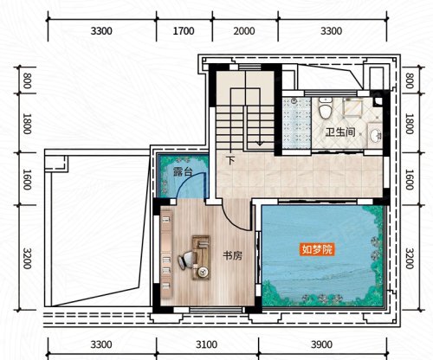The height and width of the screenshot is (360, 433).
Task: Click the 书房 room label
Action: click(x=232, y=255)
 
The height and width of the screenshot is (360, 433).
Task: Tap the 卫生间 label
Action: click(x=340, y=132)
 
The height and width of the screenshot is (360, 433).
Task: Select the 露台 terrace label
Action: click(x=183, y=171)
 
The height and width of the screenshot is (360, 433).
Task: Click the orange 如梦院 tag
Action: click(x=317, y=249)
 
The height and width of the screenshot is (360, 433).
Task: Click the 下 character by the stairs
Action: click(x=230, y=160)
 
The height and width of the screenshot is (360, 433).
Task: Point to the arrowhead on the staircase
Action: click(x=260, y=143)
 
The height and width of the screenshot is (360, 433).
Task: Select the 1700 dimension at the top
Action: click(x=184, y=31)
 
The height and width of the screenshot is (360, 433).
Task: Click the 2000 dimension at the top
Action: click(x=244, y=31)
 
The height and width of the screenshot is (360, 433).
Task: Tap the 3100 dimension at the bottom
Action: click(x=207, y=344)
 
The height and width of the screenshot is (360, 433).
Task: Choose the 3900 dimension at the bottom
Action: click(x=322, y=344)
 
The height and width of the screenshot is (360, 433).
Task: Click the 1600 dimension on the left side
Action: click(x=27, y=179)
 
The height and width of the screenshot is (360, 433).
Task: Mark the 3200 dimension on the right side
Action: click(x=409, y=258)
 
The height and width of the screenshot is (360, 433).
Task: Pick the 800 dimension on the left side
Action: click(x=27, y=80)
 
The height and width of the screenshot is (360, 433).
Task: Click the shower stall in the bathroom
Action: click(x=297, y=123)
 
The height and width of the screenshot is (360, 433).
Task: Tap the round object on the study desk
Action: click(x=203, y=272)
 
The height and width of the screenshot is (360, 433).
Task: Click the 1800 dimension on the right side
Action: click(x=409, y=124)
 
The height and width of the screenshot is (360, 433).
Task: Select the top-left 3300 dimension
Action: click(x=101, y=31)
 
